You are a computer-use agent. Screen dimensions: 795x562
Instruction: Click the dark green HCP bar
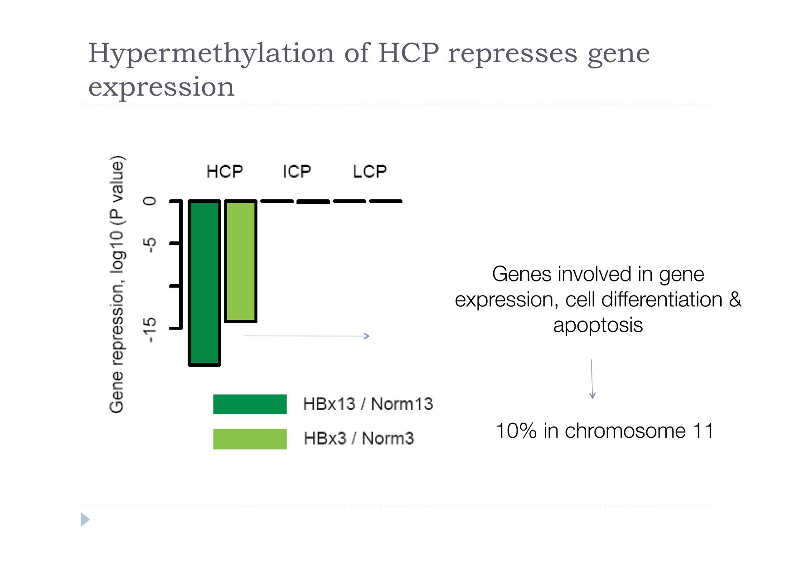[204, 283]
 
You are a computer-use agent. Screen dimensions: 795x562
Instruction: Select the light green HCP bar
[241, 261]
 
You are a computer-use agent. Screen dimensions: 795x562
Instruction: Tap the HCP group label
[224, 171]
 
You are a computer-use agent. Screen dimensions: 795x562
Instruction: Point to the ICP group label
[297, 171]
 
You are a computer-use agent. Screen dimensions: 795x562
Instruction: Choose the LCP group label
[370, 171]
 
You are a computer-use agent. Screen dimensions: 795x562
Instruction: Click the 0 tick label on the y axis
[150, 201]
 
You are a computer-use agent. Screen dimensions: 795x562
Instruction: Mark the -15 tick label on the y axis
[150, 329]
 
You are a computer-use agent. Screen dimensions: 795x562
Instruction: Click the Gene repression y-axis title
[117, 285]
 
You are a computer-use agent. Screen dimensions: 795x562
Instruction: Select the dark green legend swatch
[250, 404]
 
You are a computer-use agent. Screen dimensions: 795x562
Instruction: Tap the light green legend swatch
[250, 439]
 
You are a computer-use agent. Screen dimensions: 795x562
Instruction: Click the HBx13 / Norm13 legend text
[368, 404]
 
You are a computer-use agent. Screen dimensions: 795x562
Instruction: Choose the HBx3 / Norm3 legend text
[359, 438]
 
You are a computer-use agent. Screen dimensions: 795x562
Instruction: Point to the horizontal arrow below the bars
[307, 336]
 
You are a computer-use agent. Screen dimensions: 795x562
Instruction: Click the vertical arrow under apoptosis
[592, 379]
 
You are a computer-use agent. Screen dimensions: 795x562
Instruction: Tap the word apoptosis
[598, 325]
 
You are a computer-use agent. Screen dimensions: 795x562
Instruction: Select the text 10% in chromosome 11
[605, 431]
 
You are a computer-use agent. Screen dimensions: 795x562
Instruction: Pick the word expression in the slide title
[161, 87]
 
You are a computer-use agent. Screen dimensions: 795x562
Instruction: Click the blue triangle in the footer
[85, 519]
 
